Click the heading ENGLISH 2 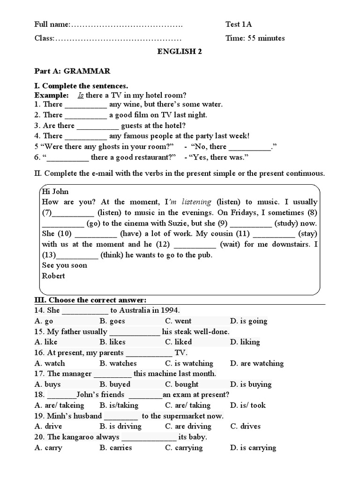(x=180, y=52)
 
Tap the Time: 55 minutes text (x=255, y=38)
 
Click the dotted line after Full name (x=127, y=24)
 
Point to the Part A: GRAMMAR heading (x=72, y=71)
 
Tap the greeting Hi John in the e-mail (x=55, y=191)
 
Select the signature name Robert (x=53, y=276)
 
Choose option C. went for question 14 (x=178, y=321)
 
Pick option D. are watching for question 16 (x=256, y=363)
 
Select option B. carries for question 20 (x=116, y=448)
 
